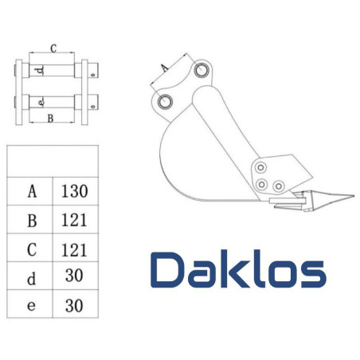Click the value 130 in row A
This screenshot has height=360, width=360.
73,191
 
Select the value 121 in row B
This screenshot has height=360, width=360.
73,220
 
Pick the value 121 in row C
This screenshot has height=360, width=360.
73,249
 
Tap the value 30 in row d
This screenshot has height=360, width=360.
73,277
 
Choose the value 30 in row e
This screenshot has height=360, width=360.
73,306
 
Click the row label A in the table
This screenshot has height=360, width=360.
32,191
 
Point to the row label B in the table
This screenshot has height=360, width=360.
32,220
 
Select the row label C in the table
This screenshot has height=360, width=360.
32,249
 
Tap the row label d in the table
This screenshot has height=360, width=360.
32,277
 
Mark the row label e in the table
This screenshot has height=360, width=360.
32,306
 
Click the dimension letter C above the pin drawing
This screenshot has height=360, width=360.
53,49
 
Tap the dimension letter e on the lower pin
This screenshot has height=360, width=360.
41,102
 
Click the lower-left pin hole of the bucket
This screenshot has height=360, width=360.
166,101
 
